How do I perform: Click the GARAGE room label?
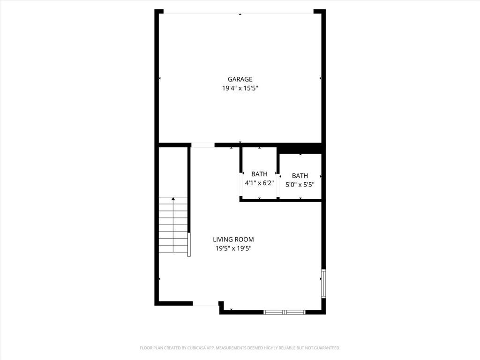pos(240,79)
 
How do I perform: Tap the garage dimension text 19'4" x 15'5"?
pos(240,88)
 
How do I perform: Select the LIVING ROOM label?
pos(233,240)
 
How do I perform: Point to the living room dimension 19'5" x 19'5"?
pos(233,248)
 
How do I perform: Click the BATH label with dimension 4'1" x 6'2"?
pos(259,174)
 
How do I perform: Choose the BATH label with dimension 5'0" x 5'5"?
pos(300,176)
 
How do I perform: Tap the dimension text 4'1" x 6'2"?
pos(259,183)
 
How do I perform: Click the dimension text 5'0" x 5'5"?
pos(300,185)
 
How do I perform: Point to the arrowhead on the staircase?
pos(173,199)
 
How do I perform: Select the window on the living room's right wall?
pos(323,284)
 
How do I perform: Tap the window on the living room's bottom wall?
pos(285,312)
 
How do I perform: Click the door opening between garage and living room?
pos(203,145)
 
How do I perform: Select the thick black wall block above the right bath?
pos(300,148)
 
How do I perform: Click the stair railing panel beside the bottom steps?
pos(189,244)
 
